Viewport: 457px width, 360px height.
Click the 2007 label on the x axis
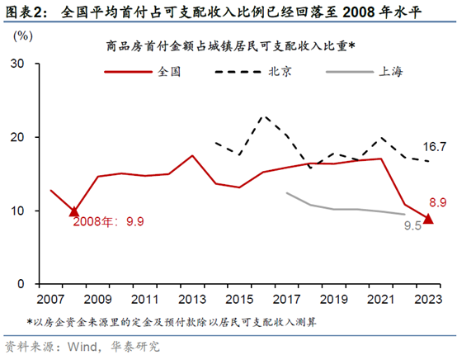[x=50, y=299]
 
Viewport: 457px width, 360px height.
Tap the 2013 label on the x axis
[x=192, y=299]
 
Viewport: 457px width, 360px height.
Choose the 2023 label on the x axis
[x=428, y=299]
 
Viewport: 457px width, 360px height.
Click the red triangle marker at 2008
[x=74, y=212]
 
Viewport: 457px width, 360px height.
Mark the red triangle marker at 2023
[x=428, y=219]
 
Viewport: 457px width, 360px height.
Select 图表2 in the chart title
[x=23, y=11]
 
